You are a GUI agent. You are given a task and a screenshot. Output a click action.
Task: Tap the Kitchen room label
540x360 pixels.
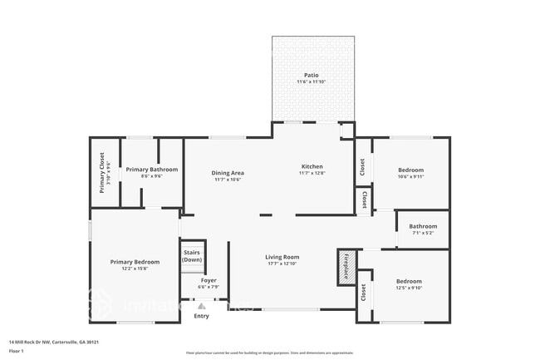[312, 166]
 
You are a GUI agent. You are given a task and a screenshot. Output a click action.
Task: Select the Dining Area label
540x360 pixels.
[227, 172]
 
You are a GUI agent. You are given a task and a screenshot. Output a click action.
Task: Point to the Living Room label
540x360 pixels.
[282, 257]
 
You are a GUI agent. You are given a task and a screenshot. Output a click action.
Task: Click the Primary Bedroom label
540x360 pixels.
[134, 262]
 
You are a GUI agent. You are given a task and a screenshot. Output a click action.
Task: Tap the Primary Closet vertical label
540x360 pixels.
[102, 172]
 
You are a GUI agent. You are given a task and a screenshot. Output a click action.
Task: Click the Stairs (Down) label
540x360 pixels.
[192, 255]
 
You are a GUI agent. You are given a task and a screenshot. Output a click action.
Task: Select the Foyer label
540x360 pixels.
[209, 280]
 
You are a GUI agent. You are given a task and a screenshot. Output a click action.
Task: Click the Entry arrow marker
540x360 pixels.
[201, 306]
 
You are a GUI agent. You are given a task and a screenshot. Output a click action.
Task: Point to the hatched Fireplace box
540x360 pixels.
[346, 266]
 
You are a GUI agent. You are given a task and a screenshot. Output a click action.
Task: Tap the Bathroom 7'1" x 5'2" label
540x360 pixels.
[423, 226]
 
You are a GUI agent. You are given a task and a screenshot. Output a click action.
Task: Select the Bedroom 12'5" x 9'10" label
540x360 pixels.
[409, 281]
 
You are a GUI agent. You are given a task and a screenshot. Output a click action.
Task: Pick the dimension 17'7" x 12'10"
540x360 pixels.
[282, 264]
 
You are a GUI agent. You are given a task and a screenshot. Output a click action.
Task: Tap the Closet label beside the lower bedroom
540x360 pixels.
[362, 293]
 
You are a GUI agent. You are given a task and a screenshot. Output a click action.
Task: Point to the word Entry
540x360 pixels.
[201, 316]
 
